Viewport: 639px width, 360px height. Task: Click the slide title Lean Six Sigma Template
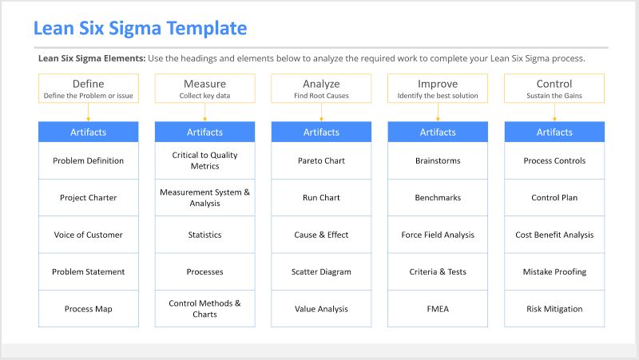click(x=140, y=29)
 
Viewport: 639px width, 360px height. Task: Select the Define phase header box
click(x=88, y=88)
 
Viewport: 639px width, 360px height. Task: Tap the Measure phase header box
click(x=204, y=88)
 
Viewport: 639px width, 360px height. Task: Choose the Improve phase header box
click(x=438, y=88)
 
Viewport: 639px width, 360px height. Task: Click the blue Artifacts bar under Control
click(x=554, y=132)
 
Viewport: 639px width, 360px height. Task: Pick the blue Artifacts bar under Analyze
click(x=321, y=132)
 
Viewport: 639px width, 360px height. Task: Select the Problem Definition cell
click(x=88, y=160)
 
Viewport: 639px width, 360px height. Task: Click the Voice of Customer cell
click(x=88, y=235)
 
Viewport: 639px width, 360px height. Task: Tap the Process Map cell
click(x=88, y=309)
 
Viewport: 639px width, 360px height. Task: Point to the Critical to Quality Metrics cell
click(x=204, y=160)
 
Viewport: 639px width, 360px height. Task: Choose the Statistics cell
click(x=204, y=235)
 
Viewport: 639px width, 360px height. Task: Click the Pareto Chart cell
click(x=321, y=160)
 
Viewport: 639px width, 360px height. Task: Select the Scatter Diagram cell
click(x=321, y=271)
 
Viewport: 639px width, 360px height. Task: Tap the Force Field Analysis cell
click(x=438, y=235)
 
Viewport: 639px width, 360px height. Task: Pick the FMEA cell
click(x=438, y=309)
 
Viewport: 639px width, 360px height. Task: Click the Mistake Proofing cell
click(x=554, y=271)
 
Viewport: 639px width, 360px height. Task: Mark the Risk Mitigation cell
click(x=554, y=309)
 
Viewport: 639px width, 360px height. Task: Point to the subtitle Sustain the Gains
click(x=554, y=96)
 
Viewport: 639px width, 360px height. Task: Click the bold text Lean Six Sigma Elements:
click(x=92, y=58)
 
